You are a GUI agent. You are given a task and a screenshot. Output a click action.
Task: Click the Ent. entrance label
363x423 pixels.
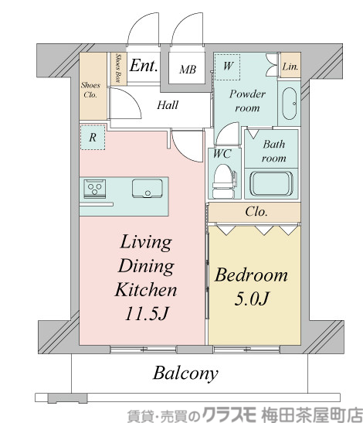pyautogui.click(x=144, y=65)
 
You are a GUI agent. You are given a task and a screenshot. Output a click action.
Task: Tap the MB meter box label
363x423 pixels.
pyautogui.click(x=188, y=70)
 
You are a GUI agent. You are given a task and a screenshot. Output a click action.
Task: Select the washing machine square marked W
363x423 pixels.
pyautogui.click(x=228, y=67)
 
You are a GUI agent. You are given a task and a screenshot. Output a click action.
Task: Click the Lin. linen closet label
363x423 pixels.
pyautogui.click(x=290, y=67)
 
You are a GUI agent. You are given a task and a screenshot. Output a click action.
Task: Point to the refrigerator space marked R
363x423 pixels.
pyautogui.click(x=93, y=138)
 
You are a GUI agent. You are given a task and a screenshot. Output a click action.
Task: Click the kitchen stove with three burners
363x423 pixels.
pyautogui.click(x=94, y=189)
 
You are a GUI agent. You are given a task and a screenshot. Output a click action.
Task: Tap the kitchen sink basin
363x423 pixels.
pyautogui.click(x=148, y=189)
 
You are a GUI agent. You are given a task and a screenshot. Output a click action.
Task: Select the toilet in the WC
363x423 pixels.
pyautogui.click(x=223, y=182)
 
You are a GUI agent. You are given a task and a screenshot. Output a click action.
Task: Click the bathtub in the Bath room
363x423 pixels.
pyautogui.click(x=271, y=183)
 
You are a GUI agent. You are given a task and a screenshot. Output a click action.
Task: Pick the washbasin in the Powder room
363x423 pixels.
pyautogui.click(x=290, y=104)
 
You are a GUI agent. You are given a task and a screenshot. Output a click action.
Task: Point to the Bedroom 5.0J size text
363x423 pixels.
pyautogui.click(x=252, y=298)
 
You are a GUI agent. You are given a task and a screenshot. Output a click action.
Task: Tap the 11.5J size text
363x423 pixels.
pyautogui.click(x=147, y=313)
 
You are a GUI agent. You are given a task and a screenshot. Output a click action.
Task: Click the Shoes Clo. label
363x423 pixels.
pyautogui.click(x=90, y=90)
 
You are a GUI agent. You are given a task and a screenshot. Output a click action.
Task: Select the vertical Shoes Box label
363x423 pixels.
pyautogui.click(x=117, y=68)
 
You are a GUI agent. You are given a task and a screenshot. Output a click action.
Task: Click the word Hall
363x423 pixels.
pyautogui.click(x=168, y=105)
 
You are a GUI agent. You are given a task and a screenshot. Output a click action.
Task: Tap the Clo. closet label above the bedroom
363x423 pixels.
pyautogui.click(x=256, y=212)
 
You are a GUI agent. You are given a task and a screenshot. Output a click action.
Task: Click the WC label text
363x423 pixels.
pyautogui.click(x=222, y=154)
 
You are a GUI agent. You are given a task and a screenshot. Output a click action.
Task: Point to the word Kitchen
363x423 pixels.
pyautogui.click(x=146, y=290)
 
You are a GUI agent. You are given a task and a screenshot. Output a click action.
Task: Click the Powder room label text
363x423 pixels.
pyautogui.click(x=247, y=101)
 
